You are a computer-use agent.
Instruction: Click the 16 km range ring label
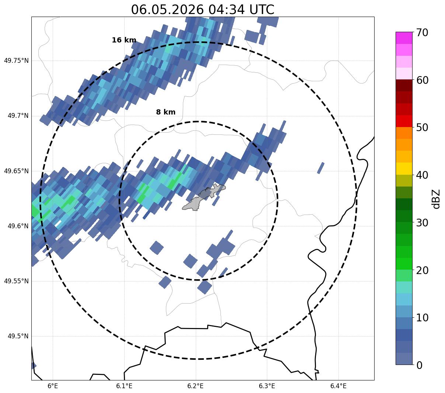click(x=124, y=40)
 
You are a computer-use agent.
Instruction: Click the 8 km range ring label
click(x=166, y=112)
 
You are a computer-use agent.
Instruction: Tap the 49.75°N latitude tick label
click(x=16, y=61)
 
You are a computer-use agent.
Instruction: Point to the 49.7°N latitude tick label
click(x=18, y=116)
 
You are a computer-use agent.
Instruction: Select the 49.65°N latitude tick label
click(x=16, y=171)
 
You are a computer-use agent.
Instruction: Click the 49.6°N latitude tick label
click(x=18, y=226)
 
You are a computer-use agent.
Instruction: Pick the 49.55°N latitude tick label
click(x=16, y=281)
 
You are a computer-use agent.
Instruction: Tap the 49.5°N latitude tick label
click(x=18, y=336)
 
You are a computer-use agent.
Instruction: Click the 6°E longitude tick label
click(x=53, y=386)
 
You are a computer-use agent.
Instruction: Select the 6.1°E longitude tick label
click(x=124, y=386)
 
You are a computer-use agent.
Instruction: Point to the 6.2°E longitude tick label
click(x=195, y=386)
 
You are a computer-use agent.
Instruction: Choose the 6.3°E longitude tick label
click(x=267, y=386)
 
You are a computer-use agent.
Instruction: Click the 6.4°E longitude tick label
click(x=338, y=386)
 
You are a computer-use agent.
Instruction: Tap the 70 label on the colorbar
click(x=422, y=33)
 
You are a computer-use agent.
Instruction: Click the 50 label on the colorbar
click(x=422, y=128)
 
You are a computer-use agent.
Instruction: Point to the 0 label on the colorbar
click(x=419, y=365)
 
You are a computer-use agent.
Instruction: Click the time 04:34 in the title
click(x=226, y=10)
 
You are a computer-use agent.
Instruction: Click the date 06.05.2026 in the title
click(x=167, y=10)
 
